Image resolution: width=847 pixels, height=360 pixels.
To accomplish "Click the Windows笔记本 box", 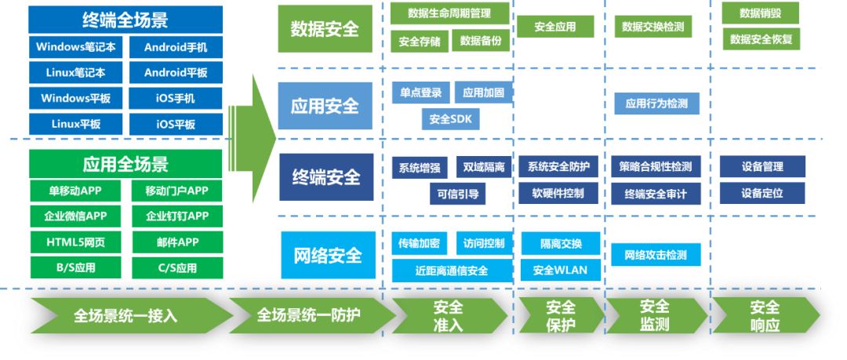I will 76,47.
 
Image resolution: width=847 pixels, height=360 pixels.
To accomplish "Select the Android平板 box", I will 176,73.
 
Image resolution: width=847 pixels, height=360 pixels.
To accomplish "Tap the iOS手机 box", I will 176,99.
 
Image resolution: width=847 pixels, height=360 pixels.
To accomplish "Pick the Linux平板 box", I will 76,124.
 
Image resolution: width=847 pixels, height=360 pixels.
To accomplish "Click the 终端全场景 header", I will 125,20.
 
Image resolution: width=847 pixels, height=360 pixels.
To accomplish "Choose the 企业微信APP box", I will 76,216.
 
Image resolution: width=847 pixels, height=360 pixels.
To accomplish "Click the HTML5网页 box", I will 76,242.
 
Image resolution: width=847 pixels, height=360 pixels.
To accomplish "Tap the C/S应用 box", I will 176,268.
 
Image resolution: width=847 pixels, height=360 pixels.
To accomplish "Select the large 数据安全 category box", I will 325,29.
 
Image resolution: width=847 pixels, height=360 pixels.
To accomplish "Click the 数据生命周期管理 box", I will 449,13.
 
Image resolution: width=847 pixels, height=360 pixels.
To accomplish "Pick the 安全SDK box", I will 449,119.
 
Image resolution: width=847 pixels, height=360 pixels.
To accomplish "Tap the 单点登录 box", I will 420,93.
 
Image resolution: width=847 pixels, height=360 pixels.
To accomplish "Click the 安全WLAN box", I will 560,271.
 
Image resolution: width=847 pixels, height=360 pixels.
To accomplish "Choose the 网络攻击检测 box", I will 655,255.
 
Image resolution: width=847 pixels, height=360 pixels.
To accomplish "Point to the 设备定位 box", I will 762,193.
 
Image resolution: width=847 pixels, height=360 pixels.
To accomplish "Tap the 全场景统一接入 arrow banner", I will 125,316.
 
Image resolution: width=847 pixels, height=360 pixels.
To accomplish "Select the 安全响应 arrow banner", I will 765,316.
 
